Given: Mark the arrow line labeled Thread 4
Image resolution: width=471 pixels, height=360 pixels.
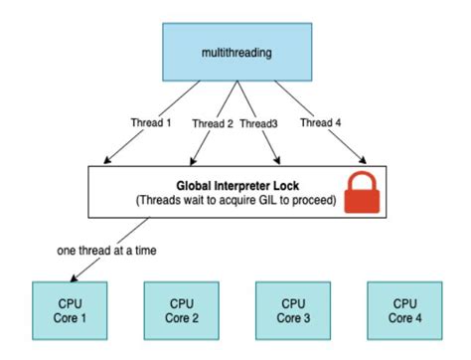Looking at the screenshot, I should pyautogui.click(x=338, y=138).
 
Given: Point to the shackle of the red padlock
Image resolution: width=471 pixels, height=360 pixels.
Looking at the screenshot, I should pyautogui.click(x=362, y=180).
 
